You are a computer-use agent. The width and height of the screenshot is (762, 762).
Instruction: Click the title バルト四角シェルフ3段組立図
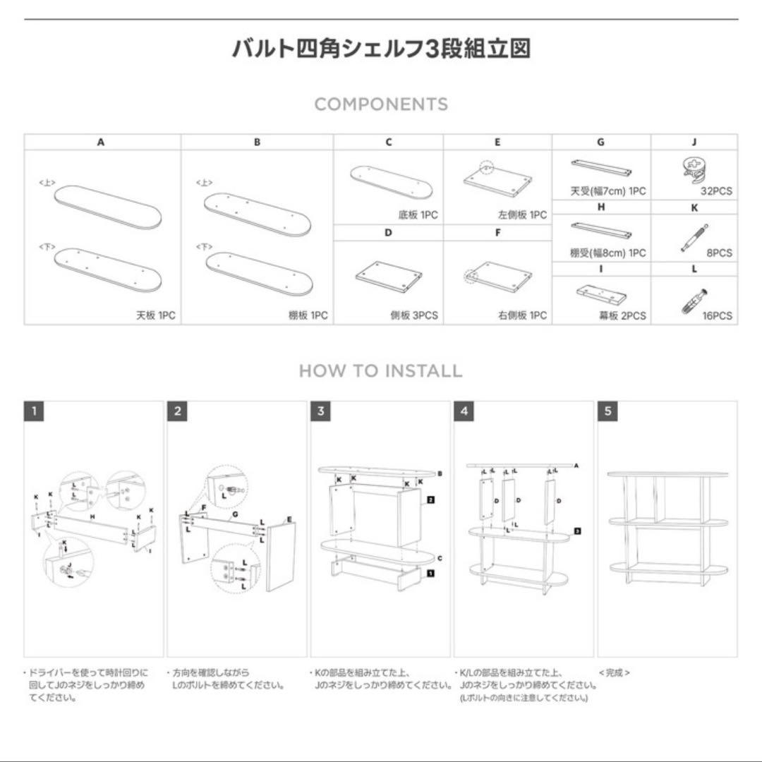pos(381,49)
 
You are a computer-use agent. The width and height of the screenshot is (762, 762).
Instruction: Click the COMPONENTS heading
pos(381,104)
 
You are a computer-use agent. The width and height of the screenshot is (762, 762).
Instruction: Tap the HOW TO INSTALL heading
pos(381,370)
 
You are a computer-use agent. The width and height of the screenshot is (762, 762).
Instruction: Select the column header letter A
pos(102,142)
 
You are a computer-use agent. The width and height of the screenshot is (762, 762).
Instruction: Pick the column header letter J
pos(694,142)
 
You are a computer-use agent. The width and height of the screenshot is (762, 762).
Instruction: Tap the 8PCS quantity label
pos(720,253)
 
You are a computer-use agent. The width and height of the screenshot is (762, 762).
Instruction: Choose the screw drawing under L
pos(694,300)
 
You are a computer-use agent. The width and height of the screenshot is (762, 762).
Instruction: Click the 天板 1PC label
pos(155,316)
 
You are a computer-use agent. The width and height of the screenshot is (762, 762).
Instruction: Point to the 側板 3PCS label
pos(413,316)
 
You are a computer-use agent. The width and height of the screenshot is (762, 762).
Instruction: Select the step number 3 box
pos(320,411)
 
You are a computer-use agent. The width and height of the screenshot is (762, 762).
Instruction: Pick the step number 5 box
pos(607,411)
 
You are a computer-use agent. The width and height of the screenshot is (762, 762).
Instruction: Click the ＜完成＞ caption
pos(614,673)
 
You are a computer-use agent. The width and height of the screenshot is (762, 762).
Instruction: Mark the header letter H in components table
pos(601,207)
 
